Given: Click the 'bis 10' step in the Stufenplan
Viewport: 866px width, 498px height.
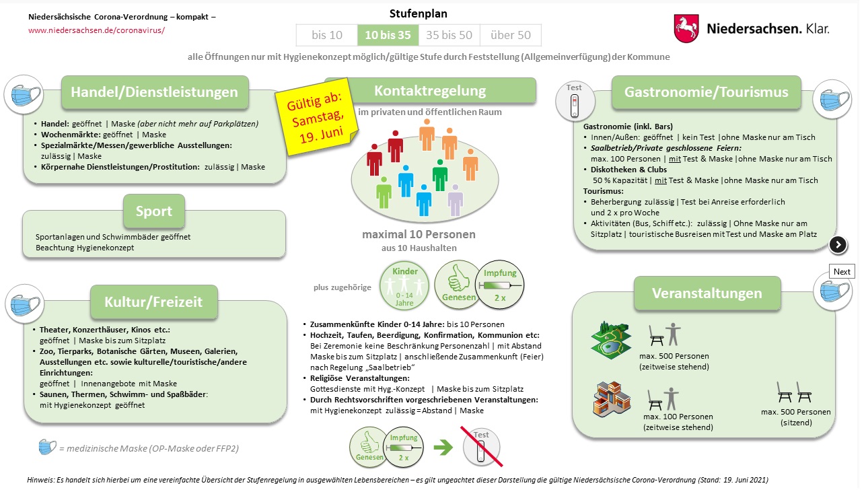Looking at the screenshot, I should [327, 35].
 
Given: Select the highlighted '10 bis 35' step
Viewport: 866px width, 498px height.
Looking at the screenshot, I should [388, 35].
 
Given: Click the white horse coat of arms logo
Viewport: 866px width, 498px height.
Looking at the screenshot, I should [686, 29].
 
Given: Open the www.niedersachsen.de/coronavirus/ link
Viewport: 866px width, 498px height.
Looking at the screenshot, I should [96, 31].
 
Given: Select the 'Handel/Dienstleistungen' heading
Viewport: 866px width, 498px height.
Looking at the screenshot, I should [155, 92].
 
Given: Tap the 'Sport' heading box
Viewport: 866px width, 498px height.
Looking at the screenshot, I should [154, 211].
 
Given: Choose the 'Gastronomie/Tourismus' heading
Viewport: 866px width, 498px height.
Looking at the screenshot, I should [706, 92].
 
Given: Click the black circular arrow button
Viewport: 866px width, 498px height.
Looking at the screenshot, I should [838, 244].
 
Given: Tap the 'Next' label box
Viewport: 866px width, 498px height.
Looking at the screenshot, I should [842, 272].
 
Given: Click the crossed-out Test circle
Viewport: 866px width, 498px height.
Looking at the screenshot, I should [481, 446].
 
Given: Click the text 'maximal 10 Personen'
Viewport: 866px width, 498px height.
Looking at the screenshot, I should [419, 235].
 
